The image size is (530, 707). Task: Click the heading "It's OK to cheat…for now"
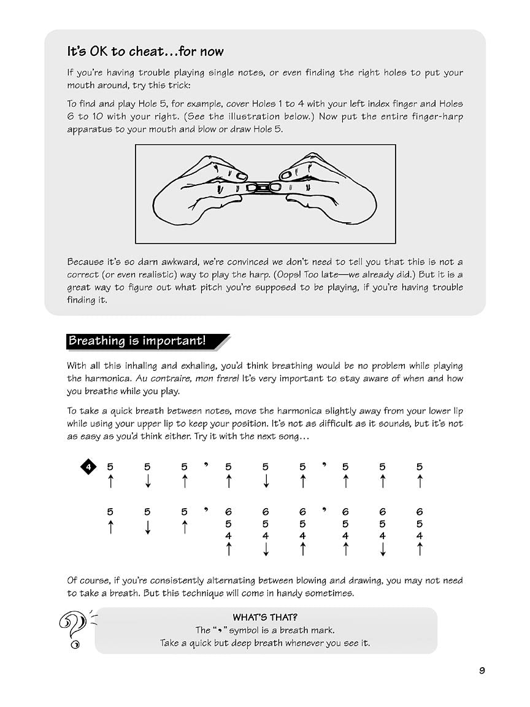pos(145,52)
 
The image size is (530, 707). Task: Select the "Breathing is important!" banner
pos(137,341)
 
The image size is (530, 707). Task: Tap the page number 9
pos(482,670)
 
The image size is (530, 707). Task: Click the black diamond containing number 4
pos(88,468)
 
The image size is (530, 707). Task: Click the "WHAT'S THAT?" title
pos(265,617)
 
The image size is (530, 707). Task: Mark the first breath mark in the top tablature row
pos(207,465)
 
